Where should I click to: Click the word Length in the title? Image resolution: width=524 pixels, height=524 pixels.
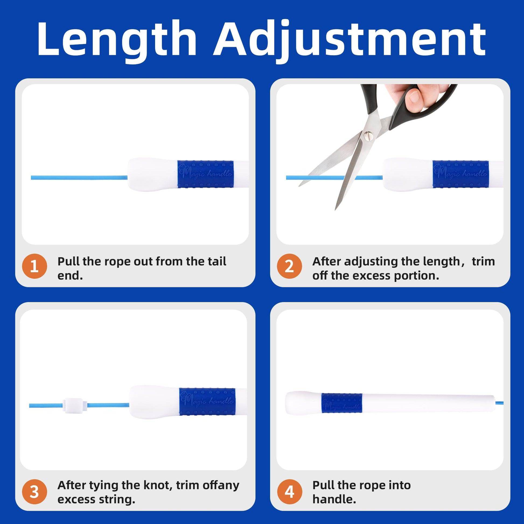click(117, 39)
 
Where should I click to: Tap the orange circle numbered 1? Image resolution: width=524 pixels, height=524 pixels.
click(34, 266)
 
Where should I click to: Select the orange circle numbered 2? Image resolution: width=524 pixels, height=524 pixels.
click(289, 266)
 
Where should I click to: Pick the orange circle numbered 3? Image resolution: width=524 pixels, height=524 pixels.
click(34, 492)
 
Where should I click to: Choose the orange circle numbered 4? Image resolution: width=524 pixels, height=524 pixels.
click(289, 492)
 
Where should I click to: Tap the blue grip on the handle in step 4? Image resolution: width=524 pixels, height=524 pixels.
click(342, 403)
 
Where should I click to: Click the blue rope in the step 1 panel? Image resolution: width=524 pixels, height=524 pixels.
click(79, 178)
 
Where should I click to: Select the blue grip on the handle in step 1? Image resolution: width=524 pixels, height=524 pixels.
click(205, 174)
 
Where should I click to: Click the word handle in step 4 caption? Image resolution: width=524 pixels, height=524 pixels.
click(334, 499)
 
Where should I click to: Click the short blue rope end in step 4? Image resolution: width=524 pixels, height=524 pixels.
click(499, 403)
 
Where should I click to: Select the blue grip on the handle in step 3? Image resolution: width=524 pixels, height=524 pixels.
click(207, 401)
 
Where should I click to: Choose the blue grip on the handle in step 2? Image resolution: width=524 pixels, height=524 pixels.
click(460, 174)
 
